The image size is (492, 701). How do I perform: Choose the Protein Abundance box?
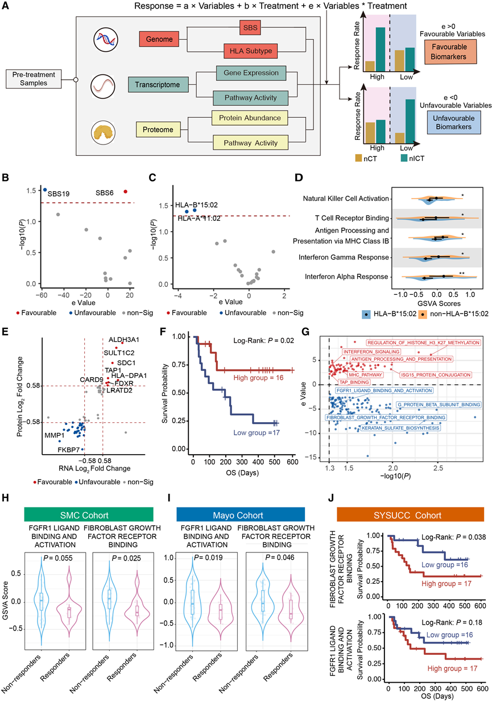pos(250,118)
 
